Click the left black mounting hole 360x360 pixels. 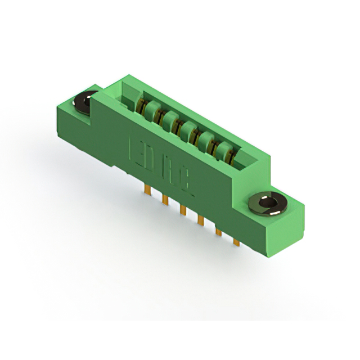pos(85,103)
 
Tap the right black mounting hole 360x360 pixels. pos(268,202)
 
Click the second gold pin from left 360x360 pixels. pos(165,200)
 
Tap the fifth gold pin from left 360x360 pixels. pos(218,229)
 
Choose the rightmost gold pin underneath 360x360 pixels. pos(236,240)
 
